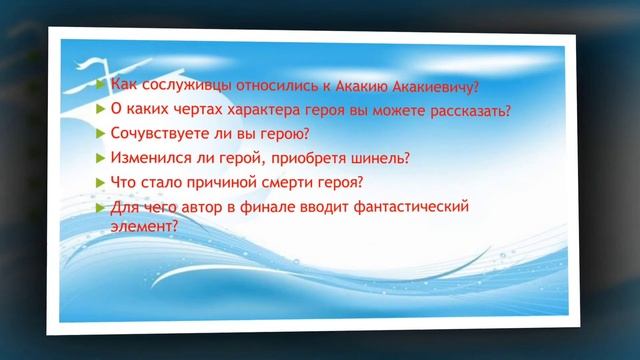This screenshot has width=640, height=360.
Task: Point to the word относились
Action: click(x=260, y=85)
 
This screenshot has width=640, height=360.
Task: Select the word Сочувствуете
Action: click(x=160, y=133)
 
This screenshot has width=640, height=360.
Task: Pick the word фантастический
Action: click(x=411, y=207)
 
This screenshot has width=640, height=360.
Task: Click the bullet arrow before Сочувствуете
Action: click(x=100, y=133)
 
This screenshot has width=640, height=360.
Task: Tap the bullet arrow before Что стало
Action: click(x=100, y=182)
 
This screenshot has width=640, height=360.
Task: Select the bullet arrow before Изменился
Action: click(x=100, y=158)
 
